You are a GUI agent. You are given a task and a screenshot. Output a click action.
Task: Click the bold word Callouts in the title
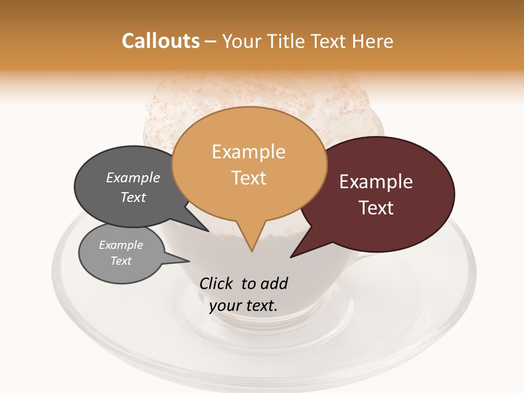[x=160, y=41]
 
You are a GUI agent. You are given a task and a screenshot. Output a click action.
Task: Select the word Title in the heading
[x=290, y=41]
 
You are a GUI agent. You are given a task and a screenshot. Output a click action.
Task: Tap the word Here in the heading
[x=374, y=41]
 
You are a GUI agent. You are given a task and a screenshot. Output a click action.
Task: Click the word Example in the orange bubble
[x=248, y=152]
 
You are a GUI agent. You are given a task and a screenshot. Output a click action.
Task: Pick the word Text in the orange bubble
[x=248, y=178]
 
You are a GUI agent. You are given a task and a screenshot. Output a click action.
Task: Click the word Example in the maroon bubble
[x=376, y=182]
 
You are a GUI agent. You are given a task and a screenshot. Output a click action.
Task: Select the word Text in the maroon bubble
[x=376, y=208]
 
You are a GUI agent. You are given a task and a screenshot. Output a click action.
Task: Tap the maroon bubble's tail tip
[x=291, y=257]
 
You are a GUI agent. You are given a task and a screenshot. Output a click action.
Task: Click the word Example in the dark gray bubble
[x=133, y=178]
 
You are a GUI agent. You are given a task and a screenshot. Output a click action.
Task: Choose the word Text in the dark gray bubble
[x=133, y=198]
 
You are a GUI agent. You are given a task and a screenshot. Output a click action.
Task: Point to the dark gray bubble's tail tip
[x=209, y=231]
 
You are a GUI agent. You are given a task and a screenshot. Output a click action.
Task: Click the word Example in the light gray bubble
[x=121, y=245]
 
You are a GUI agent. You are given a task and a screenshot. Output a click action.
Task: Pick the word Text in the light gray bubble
[x=121, y=261]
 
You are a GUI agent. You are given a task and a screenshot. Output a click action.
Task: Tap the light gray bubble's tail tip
[x=189, y=260]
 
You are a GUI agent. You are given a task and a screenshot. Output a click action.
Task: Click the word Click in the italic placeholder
[x=217, y=283]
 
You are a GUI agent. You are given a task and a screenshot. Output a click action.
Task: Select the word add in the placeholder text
[x=274, y=283]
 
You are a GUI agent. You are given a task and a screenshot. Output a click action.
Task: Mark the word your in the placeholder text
[x=224, y=306]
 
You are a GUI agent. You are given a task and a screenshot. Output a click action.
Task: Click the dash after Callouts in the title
[x=211, y=41]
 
